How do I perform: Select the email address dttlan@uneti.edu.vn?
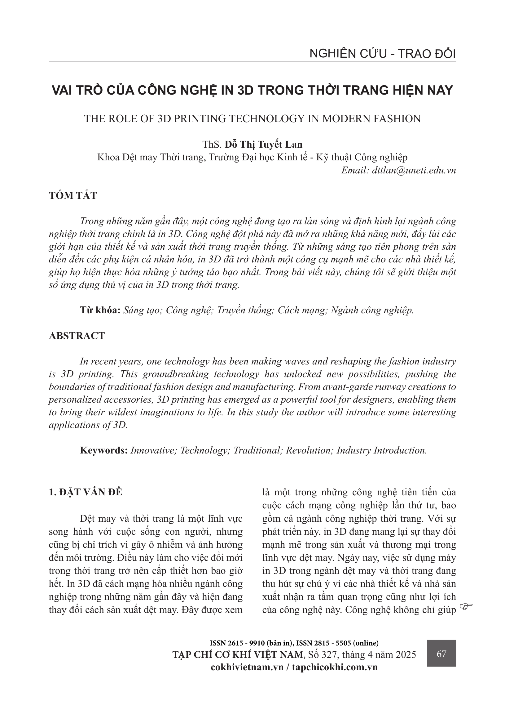click(x=411, y=170)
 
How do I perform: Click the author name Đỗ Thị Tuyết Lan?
click(x=264, y=145)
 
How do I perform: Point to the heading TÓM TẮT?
click(x=73, y=196)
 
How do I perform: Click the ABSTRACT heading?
click(x=77, y=336)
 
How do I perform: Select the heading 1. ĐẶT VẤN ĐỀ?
click(x=86, y=492)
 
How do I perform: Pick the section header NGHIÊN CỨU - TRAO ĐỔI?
click(x=383, y=54)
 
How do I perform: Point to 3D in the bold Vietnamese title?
click(x=246, y=90)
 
